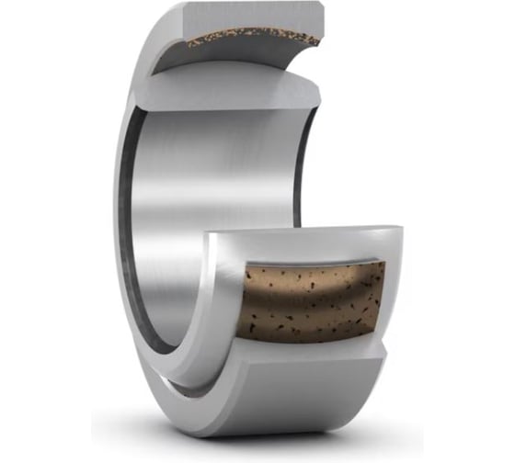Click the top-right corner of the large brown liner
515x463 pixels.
click(x=383, y=265)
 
